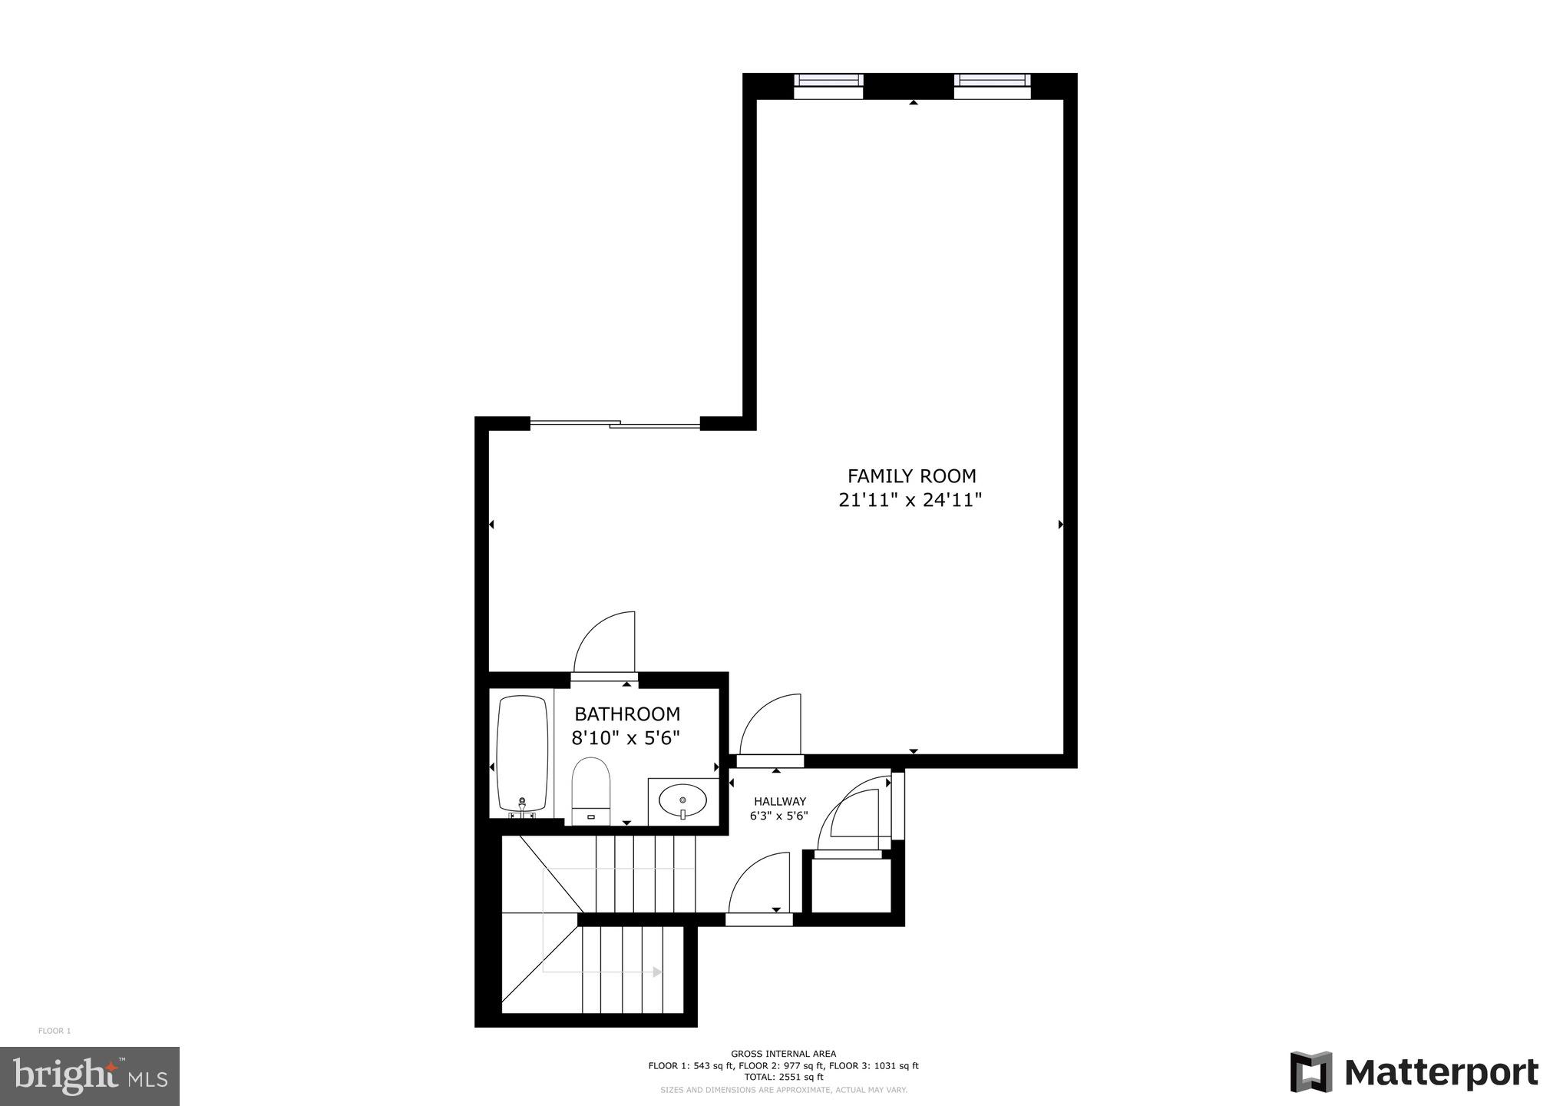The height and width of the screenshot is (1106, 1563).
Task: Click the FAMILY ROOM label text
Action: tap(911, 476)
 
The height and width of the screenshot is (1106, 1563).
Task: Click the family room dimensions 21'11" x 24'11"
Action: tap(910, 501)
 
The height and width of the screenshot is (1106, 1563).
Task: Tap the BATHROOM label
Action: tap(627, 714)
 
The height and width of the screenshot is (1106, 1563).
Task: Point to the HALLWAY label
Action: tap(779, 801)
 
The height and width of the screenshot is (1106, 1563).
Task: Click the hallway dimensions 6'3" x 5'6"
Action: tap(779, 816)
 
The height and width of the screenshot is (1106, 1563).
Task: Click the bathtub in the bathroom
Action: tap(522, 753)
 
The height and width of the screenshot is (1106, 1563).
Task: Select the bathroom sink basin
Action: tap(682, 801)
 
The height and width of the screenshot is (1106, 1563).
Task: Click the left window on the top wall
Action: tap(828, 85)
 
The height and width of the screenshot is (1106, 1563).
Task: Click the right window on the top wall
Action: tap(992, 85)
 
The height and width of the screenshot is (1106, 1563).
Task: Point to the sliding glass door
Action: tap(615, 423)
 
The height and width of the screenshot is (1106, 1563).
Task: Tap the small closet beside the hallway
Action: tap(851, 885)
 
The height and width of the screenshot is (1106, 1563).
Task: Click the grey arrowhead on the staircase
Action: tap(657, 972)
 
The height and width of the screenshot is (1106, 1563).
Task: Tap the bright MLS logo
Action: tap(90, 1076)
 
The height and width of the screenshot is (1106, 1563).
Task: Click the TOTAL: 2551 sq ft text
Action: tap(783, 1077)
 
